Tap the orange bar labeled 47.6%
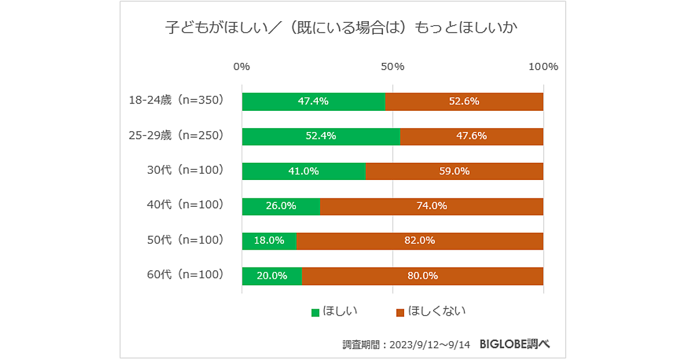471,136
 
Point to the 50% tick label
393,66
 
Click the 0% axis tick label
242,66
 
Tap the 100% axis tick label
543,66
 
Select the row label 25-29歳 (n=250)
176,136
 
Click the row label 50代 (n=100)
185,241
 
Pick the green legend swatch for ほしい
315,312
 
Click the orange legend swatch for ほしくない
400,312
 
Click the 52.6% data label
464,101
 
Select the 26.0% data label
281,206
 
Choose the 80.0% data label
422,275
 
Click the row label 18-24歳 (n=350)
176,101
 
